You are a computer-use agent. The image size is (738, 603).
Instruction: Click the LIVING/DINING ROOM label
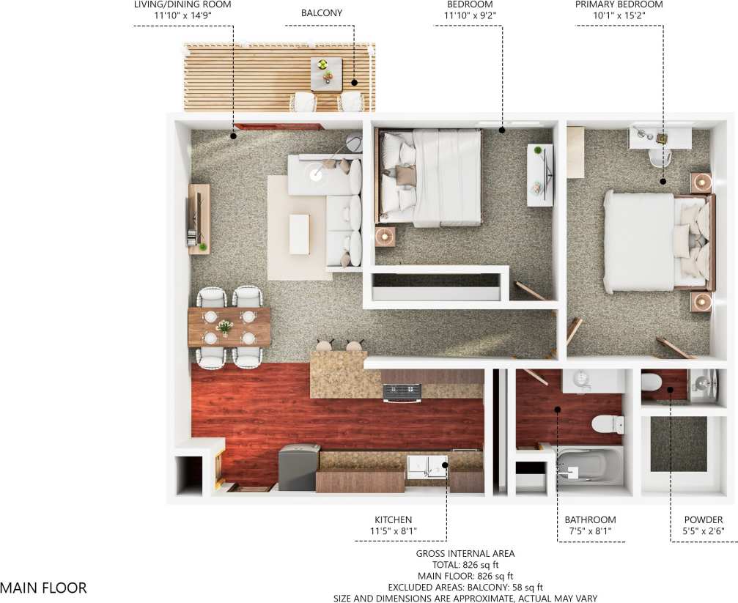[182, 4]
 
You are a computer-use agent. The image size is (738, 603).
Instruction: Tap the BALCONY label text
[322, 13]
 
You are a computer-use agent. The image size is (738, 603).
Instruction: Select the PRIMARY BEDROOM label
[619, 4]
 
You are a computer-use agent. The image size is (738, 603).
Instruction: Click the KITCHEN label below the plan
[393, 520]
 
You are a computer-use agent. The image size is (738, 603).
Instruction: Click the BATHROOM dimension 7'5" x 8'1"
[590, 531]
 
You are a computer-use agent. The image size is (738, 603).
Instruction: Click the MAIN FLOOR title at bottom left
[43, 588]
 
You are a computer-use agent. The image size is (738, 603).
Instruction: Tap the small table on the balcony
[326, 73]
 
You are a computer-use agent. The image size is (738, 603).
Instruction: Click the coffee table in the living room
[299, 234]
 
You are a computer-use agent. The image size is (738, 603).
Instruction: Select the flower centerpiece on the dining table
[225, 327]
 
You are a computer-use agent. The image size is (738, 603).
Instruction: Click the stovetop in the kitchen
[402, 393]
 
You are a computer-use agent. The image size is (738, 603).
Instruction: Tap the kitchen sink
[427, 467]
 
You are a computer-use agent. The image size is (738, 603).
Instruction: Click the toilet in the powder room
[652, 382]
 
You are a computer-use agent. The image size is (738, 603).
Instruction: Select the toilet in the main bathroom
[607, 423]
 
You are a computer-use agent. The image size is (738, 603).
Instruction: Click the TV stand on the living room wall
[199, 218]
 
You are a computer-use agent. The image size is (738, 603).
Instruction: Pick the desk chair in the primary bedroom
[660, 157]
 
